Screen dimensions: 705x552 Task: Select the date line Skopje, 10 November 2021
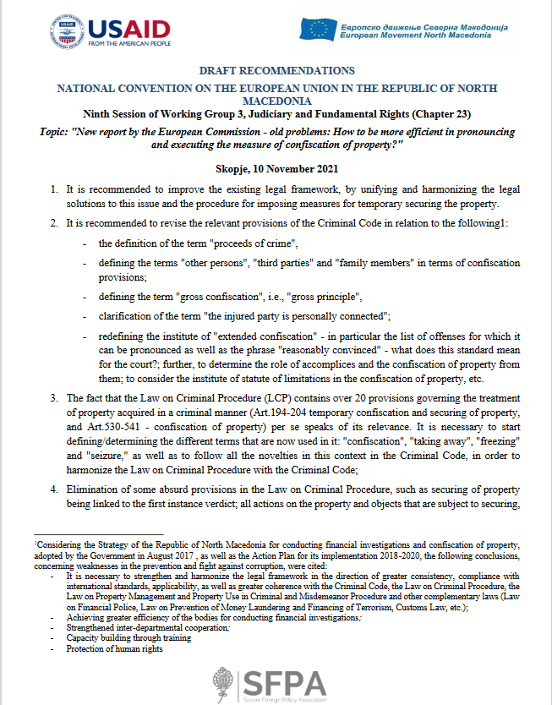276,169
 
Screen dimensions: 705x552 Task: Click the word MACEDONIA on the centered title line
276,100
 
